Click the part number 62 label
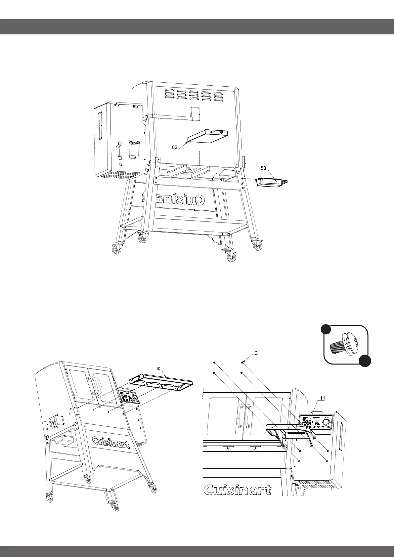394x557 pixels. (x=175, y=148)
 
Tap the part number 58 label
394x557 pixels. (x=264, y=168)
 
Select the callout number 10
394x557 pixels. (x=158, y=368)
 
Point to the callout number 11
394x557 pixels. (x=323, y=399)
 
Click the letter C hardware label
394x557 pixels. (x=256, y=353)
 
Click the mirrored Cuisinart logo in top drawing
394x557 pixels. (x=180, y=199)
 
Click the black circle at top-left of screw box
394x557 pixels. (x=326, y=330)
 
